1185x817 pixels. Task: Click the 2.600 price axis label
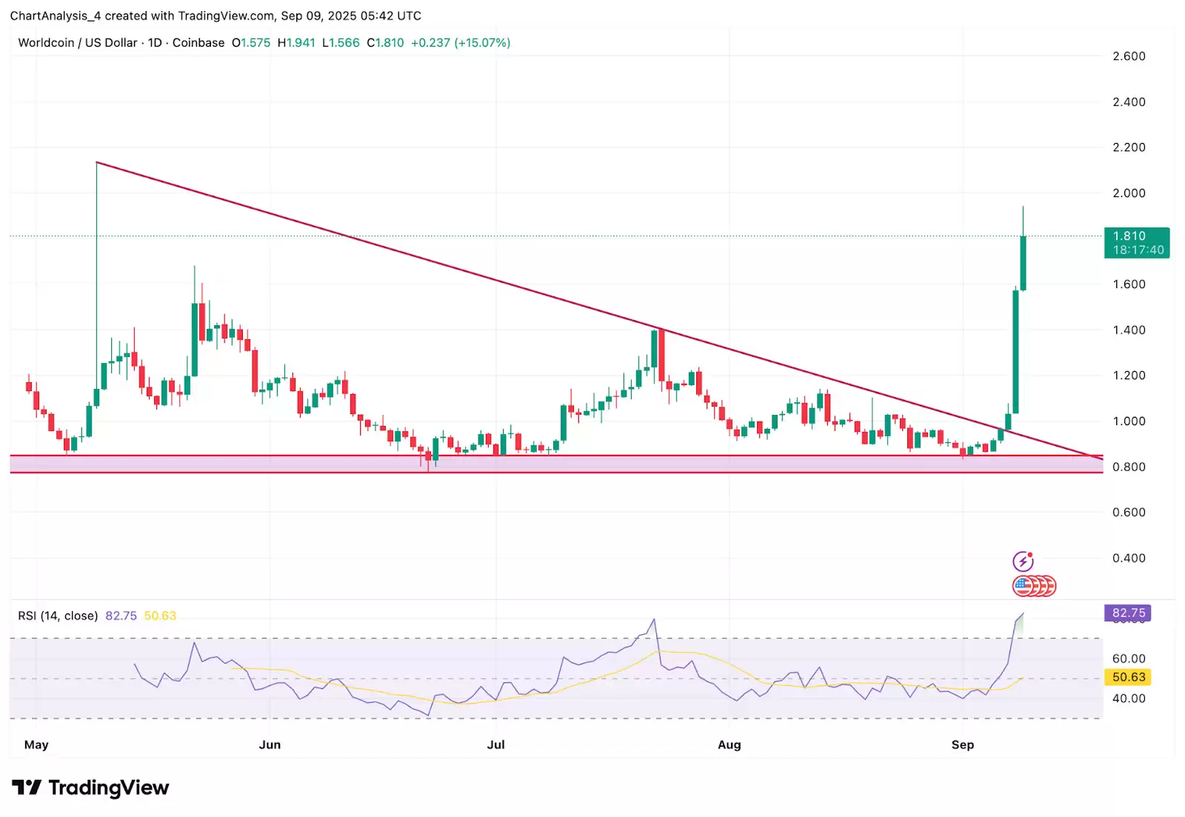tap(1129, 56)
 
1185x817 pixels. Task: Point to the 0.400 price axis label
tap(1129, 558)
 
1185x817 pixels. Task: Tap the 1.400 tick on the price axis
tap(1129, 330)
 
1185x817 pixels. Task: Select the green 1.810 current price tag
tap(1136, 242)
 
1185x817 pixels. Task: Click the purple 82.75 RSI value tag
tap(1128, 613)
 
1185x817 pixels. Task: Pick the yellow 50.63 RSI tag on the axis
tap(1128, 677)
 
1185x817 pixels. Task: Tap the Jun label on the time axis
tap(270, 744)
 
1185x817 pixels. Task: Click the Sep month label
tap(962, 744)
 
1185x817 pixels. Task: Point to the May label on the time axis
tap(36, 744)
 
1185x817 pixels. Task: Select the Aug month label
tap(729, 744)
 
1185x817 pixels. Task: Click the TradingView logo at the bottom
tap(90, 787)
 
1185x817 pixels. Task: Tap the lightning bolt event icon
tap(1023, 561)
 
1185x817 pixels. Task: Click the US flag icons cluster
tap(1034, 587)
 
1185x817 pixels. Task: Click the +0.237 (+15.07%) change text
tap(460, 43)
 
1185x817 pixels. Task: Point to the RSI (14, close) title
tap(58, 616)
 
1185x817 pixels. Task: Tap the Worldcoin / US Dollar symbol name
tap(78, 43)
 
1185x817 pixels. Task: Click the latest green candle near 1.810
tap(1023, 263)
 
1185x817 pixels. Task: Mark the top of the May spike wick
tap(97, 162)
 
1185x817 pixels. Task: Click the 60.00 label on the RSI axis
tap(1129, 658)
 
